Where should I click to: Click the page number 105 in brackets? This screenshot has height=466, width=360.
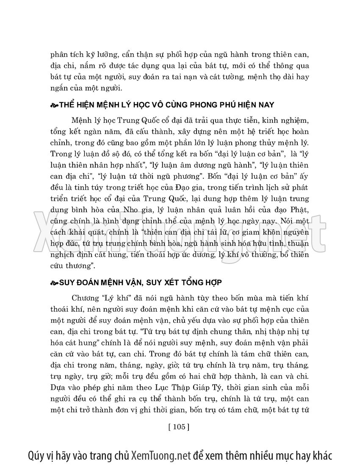coord(178,427)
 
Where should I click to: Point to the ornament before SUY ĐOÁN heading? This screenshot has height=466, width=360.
coord(55,282)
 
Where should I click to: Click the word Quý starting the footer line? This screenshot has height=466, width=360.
coord(38,455)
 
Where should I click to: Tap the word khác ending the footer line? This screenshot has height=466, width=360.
coord(321,455)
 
